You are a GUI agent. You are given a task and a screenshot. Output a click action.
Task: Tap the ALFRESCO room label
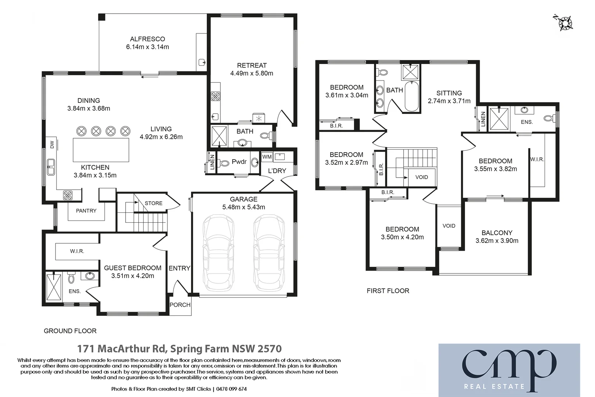147,39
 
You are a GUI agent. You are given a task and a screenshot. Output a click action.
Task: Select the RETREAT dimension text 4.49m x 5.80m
252,73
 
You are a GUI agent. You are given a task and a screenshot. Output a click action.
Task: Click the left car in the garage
218,253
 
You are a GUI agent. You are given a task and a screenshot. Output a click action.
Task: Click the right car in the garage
268,253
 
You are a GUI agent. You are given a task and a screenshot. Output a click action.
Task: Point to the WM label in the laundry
267,157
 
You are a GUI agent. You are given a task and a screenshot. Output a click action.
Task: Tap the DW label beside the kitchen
52,144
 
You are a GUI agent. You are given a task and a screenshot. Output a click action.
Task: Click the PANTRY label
86,211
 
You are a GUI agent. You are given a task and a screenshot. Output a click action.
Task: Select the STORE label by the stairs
154,203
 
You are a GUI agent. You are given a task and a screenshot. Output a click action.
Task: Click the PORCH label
180,305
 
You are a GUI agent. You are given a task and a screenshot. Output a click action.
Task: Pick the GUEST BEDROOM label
133,268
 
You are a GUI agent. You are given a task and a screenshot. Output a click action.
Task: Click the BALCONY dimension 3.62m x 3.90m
497,241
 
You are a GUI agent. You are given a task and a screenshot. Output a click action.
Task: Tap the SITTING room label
449,93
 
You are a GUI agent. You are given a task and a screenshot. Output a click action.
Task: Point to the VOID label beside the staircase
421,177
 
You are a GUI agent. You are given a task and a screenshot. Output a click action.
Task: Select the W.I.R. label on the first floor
537,160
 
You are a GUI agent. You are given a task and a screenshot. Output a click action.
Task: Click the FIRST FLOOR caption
388,291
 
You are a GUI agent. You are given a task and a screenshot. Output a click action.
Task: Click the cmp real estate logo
509,370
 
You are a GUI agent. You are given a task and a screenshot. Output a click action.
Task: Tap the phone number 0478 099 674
231,389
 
